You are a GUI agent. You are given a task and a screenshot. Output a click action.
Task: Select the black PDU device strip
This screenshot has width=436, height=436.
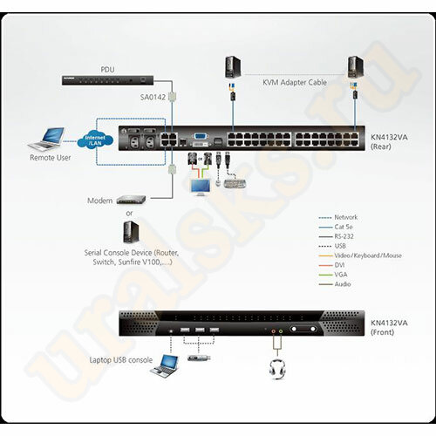click(102, 79)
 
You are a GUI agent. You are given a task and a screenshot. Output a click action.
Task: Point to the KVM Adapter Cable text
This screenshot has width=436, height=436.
click(294, 81)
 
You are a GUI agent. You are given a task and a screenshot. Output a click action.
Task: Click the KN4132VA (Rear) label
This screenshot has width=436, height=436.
click(385, 141)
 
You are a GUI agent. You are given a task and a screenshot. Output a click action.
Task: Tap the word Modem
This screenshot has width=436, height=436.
click(99, 200)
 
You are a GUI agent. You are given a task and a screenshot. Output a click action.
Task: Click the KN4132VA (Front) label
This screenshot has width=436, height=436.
click(385, 325)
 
